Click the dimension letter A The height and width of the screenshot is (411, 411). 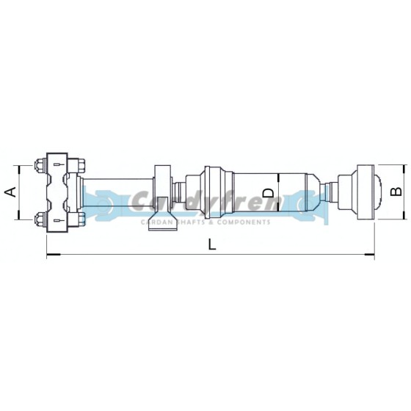tap(10, 192)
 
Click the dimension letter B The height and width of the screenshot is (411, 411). tap(395, 192)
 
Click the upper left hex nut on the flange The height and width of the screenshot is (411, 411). tap(37, 166)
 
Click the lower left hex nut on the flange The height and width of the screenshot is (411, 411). tap(37, 218)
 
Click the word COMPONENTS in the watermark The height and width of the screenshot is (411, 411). tap(241, 221)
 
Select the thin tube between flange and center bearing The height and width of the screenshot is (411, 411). tap(117, 192)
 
